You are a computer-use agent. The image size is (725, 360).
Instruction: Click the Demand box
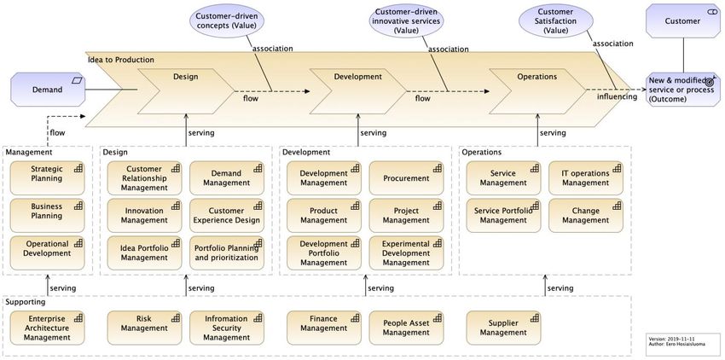(48, 90)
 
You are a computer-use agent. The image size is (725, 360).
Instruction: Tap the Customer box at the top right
(683, 20)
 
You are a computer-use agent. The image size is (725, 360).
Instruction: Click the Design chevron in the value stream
(186, 91)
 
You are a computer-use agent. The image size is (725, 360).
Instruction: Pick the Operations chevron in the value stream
(537, 91)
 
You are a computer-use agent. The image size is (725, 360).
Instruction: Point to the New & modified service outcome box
(683, 90)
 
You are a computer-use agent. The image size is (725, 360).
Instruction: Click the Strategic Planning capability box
(47, 178)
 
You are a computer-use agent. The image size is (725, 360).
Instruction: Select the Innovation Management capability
(144, 216)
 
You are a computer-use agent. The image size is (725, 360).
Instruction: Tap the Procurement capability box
(406, 178)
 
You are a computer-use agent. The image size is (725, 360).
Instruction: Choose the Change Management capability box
(586, 216)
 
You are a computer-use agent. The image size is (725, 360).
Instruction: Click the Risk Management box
(144, 328)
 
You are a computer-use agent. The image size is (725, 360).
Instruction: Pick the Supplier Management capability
(503, 328)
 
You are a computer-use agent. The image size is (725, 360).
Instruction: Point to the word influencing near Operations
(617, 96)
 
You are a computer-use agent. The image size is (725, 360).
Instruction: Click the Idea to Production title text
(120, 60)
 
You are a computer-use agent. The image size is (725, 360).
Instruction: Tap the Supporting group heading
(26, 302)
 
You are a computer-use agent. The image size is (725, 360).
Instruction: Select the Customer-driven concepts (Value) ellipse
(227, 21)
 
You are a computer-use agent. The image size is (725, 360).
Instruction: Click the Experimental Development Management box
(406, 253)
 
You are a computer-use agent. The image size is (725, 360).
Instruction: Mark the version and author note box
(683, 341)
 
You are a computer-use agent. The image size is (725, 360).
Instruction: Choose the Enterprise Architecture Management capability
(47, 328)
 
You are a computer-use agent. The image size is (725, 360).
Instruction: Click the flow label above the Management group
(57, 133)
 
